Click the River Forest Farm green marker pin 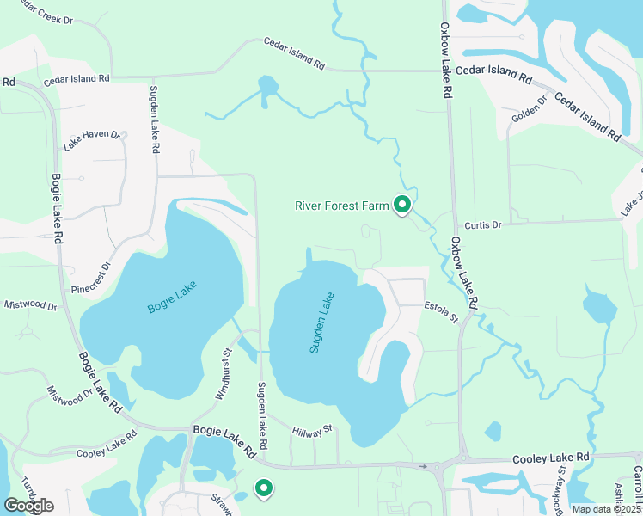point(401,205)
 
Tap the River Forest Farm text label point(342,206)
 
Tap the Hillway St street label point(311,431)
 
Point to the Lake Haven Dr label point(93,141)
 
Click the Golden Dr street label point(529,109)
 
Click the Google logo point(28,505)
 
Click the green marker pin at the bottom point(264,488)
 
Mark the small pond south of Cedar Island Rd point(269,87)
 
